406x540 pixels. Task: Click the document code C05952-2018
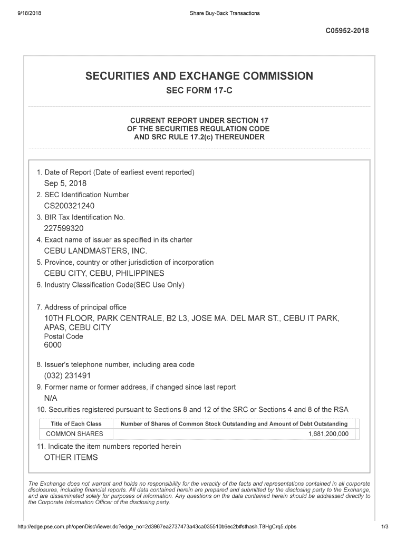pos(347,31)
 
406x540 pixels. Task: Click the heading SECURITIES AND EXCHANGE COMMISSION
pos(199,76)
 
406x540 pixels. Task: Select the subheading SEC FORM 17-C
pos(199,91)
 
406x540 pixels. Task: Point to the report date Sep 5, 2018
pos(65,184)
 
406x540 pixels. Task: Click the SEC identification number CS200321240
pos(69,206)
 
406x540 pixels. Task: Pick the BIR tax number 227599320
pos(63,228)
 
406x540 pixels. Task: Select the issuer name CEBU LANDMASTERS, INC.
pos(95,251)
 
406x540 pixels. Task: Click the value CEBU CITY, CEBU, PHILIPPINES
pos(104,273)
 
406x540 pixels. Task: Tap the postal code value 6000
pos(53,345)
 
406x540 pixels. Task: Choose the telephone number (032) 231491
pos(67,375)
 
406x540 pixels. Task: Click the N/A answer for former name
pos(51,398)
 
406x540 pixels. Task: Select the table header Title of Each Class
pos(76,424)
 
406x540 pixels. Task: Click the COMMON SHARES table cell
pos(75,434)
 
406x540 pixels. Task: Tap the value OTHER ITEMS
pos(71,457)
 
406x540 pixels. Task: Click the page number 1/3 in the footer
pos(384,527)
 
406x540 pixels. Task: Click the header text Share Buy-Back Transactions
pos(224,13)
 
